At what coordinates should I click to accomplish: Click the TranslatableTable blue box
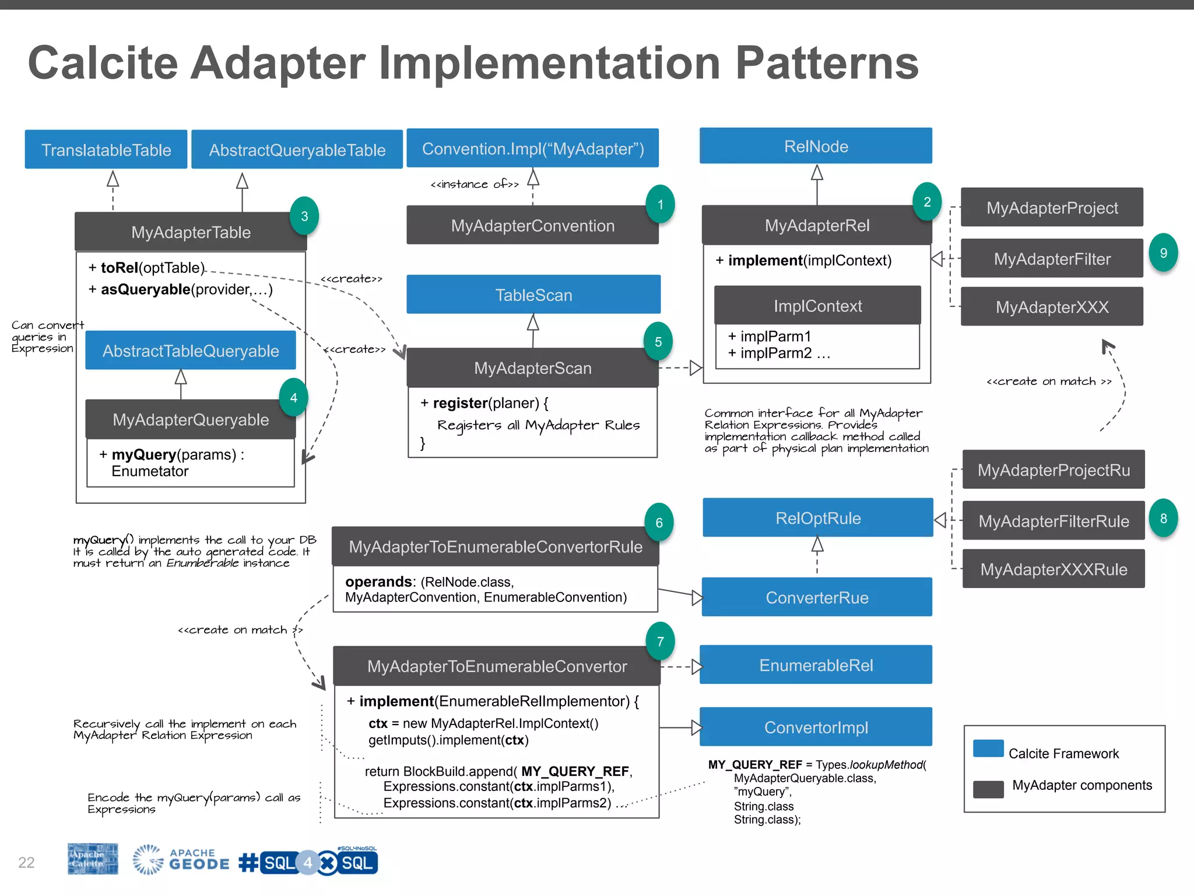click(106, 150)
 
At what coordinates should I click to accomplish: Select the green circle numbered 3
click(304, 216)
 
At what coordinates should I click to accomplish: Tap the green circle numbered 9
click(1163, 253)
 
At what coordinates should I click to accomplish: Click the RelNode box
click(816, 146)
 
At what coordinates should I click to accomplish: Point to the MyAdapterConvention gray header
click(532, 226)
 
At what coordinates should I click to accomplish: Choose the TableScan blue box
click(533, 295)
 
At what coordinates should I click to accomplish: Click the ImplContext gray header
click(817, 306)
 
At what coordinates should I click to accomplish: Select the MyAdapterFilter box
click(1052, 258)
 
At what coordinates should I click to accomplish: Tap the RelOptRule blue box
click(817, 518)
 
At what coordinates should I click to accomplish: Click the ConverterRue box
click(817, 597)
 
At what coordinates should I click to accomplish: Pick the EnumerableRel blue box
click(816, 665)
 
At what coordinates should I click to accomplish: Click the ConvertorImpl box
click(816, 727)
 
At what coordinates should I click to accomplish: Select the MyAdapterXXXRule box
click(1053, 569)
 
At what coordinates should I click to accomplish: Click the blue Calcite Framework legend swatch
click(988, 748)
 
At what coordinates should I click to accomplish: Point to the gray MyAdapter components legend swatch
click(988, 789)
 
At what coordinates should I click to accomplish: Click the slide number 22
click(26, 862)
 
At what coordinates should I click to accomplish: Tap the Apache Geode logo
click(181, 860)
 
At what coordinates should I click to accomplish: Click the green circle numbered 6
click(659, 523)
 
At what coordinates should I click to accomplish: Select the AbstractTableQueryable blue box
click(191, 351)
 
